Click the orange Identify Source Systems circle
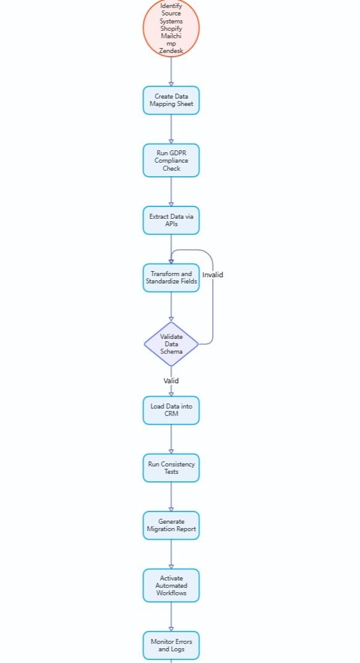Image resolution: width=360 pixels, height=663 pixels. pyautogui.click(x=171, y=28)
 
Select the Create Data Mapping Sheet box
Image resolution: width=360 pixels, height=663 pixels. pyautogui.click(x=171, y=100)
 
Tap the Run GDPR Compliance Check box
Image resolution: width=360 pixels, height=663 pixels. pyautogui.click(x=171, y=160)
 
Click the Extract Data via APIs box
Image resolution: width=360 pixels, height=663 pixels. pyautogui.click(x=171, y=220)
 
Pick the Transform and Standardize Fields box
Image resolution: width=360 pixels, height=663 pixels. pyautogui.click(x=171, y=277)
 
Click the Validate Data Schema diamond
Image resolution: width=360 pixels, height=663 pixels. pyautogui.click(x=171, y=344)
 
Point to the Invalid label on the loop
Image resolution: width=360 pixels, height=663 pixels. pyautogui.click(x=213, y=275)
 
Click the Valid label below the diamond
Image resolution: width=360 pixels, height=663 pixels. pyautogui.click(x=171, y=381)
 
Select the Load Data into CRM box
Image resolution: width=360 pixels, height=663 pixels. pyautogui.click(x=171, y=410)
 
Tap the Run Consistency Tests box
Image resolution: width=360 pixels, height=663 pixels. pyautogui.click(x=171, y=468)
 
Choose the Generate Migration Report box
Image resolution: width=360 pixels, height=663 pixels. pyautogui.click(x=171, y=525)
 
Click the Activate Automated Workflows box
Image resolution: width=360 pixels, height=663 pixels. pyautogui.click(x=171, y=585)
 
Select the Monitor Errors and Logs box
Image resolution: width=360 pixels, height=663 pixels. pyautogui.click(x=171, y=645)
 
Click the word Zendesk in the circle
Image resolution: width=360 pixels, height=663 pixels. pyautogui.click(x=171, y=51)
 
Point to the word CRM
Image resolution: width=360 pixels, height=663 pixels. pyautogui.click(x=171, y=414)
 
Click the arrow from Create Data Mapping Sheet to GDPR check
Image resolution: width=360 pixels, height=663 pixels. pyautogui.click(x=171, y=129)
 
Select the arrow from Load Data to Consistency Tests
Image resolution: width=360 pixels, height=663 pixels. pyautogui.click(x=171, y=439)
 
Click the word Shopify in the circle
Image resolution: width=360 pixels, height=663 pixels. pyautogui.click(x=171, y=28)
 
